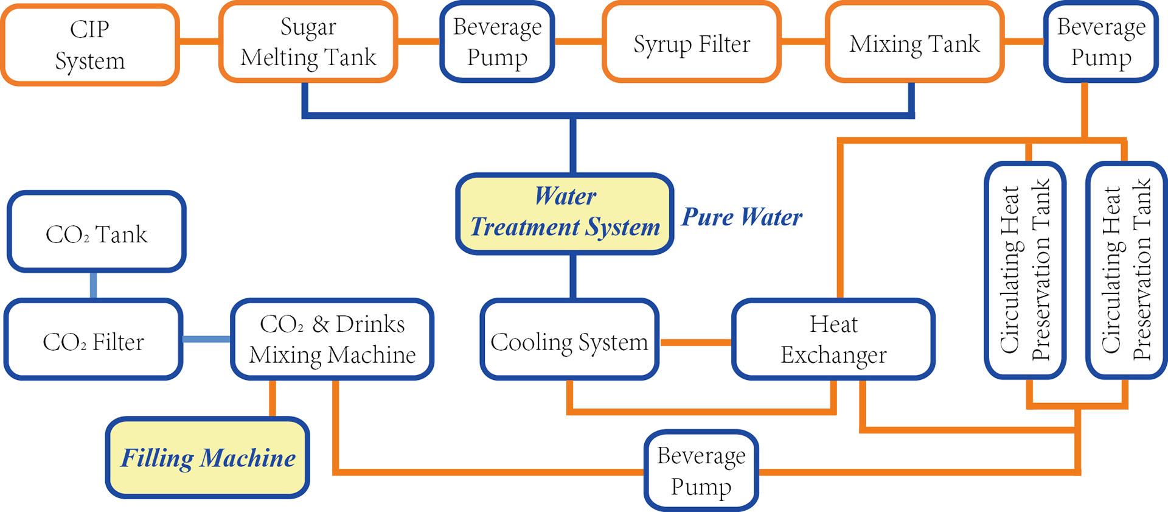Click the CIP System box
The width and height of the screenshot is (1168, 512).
(89, 44)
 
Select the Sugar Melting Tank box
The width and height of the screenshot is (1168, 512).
(308, 42)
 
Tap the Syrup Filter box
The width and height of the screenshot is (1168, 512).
(692, 43)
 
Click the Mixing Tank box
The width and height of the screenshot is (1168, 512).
(914, 43)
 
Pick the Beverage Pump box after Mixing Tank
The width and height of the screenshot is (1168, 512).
(1100, 42)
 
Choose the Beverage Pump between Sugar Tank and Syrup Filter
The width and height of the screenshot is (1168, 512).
(497, 42)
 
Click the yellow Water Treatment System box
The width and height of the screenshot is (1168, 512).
(565, 213)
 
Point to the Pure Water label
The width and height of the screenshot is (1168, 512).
(742, 217)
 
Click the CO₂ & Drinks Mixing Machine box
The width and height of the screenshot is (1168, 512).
(332, 339)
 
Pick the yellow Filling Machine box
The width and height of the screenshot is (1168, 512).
(207, 458)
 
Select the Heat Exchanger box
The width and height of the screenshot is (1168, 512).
(833, 339)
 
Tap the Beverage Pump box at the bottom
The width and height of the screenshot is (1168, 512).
(701, 471)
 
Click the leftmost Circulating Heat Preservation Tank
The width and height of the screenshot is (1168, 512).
(1025, 270)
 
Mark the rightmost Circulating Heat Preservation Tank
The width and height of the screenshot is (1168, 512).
(1126, 270)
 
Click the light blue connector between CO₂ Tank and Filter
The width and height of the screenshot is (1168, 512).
(93, 285)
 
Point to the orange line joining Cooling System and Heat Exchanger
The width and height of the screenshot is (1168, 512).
(695, 342)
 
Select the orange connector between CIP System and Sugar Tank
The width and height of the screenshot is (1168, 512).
(199, 41)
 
